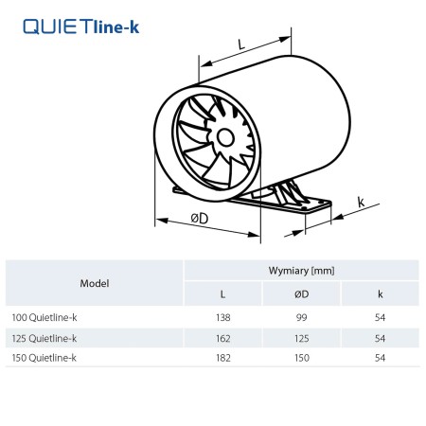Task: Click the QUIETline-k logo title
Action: pos(81,27)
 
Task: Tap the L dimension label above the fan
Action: pos(241,44)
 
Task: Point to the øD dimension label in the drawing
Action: pos(200,218)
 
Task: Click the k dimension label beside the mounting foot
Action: pos(361,202)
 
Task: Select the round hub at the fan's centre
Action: pos(225,138)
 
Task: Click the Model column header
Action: pos(95,283)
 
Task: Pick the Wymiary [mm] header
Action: pos(301,271)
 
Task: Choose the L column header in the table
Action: pos(222,294)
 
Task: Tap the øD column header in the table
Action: pos(301,294)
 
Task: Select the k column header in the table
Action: pos(381,294)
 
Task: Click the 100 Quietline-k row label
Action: pos(44,317)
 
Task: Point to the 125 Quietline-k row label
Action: pos(44,339)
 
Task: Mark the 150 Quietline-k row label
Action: pos(44,358)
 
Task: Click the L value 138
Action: pos(223,317)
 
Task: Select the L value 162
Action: pos(223,339)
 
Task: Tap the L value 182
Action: pos(223,358)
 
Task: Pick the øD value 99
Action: pos(301,317)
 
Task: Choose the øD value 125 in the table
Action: pos(302,339)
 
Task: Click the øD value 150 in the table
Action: pos(302,358)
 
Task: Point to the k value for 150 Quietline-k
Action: pos(380,358)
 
